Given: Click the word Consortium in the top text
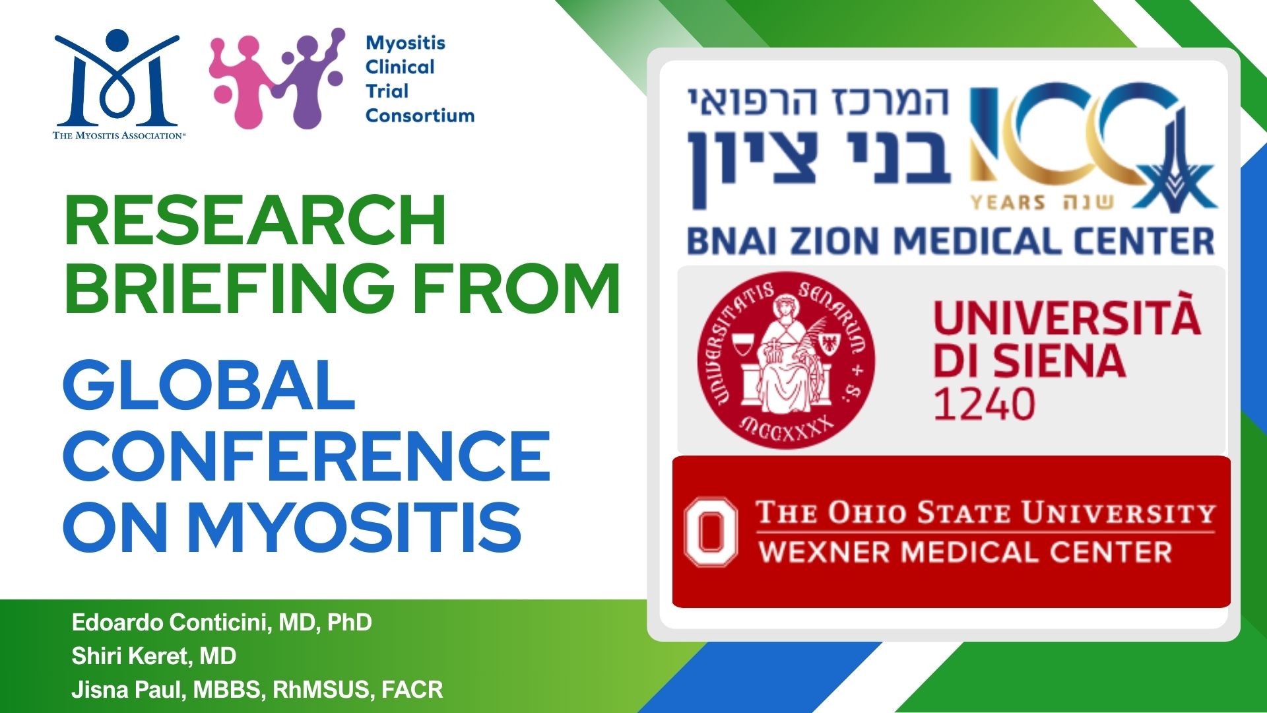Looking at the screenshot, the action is point(420,116).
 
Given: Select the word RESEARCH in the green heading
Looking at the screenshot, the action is point(255,221).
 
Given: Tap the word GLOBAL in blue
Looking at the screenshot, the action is point(209,385).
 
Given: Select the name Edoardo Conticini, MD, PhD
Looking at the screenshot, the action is point(222,623).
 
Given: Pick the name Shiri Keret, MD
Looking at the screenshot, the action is point(154,656).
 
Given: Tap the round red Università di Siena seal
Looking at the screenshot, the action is point(786,360).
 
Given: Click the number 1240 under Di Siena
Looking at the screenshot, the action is point(984,404).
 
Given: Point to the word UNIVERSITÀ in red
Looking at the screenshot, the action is point(1067,315).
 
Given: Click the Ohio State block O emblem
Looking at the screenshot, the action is point(711,532).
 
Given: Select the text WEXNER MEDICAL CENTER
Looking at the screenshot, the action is point(965,552).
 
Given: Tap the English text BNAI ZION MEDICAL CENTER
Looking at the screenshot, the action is point(950,242).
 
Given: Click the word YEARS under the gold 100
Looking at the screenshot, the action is point(1008,202).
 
